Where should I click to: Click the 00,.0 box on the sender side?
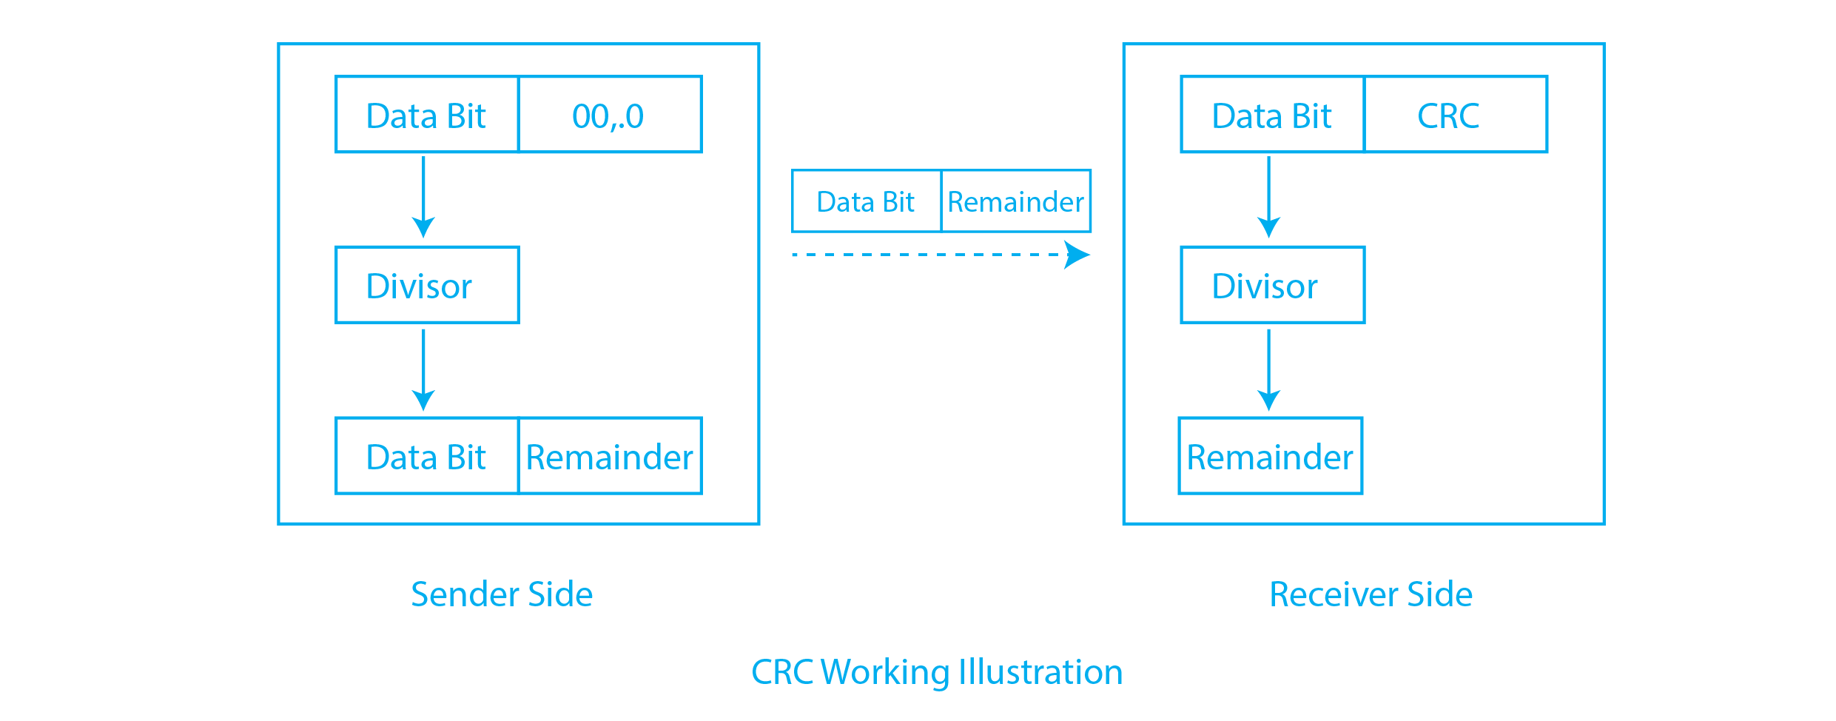click(610, 115)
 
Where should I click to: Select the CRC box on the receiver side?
click(1455, 115)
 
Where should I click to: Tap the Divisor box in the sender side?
click(427, 285)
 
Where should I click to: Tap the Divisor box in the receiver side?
click(1272, 285)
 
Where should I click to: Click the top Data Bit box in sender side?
click(427, 115)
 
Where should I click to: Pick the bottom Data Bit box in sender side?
click(427, 456)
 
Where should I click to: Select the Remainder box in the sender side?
click(610, 456)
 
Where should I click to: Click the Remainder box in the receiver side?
click(1270, 456)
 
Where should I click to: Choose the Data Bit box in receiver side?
click(1272, 115)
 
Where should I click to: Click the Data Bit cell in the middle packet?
click(866, 201)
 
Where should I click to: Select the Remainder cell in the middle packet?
click(1015, 201)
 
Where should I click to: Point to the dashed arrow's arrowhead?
click(1077, 255)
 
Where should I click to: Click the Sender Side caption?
click(502, 594)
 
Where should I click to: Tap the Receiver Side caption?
click(1371, 594)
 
